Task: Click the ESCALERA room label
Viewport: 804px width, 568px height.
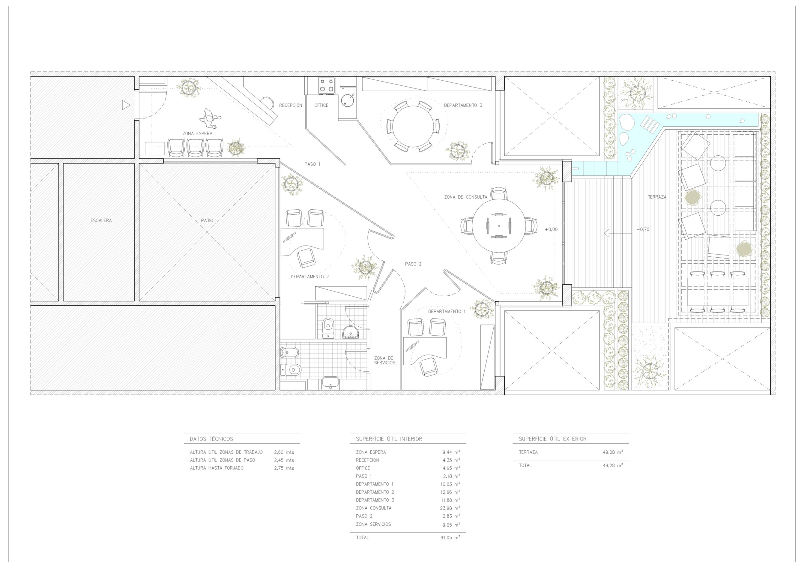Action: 101,221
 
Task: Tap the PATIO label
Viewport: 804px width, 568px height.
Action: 207,221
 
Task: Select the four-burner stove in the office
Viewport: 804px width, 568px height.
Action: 326,85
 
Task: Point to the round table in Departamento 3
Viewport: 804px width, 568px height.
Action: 413,126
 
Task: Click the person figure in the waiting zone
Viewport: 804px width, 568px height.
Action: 210,119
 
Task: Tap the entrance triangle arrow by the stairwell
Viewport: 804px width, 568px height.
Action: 126,105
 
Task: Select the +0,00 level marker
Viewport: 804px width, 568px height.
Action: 551,230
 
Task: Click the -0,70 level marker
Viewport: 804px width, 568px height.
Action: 643,230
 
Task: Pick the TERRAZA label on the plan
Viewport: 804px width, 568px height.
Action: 657,197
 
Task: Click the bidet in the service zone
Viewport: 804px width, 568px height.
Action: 290,352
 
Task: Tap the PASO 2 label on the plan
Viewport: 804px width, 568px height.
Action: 413,264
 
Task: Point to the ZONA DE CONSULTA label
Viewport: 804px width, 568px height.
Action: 465,197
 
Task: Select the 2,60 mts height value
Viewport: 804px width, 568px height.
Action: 284,452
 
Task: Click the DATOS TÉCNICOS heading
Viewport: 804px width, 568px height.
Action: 211,439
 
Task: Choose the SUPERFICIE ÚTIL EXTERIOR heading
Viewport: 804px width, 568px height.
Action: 552,439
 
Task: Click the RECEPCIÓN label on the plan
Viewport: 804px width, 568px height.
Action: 290,105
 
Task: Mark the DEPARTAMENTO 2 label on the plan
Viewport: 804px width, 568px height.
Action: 310,276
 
